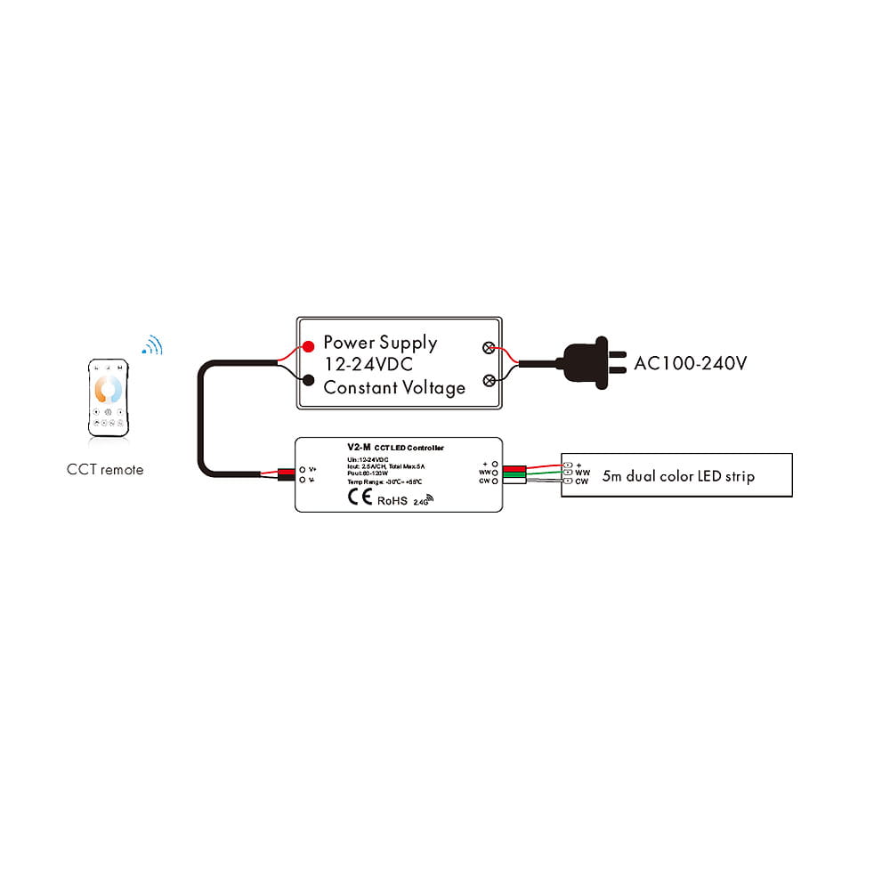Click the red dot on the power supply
308,346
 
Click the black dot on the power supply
308,381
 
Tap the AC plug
588,362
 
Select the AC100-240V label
691,364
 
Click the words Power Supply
380,343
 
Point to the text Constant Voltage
394,388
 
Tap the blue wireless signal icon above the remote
153,345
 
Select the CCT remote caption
105,469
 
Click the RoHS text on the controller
392,500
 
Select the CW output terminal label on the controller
485,481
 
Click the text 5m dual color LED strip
678,476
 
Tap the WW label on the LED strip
583,473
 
